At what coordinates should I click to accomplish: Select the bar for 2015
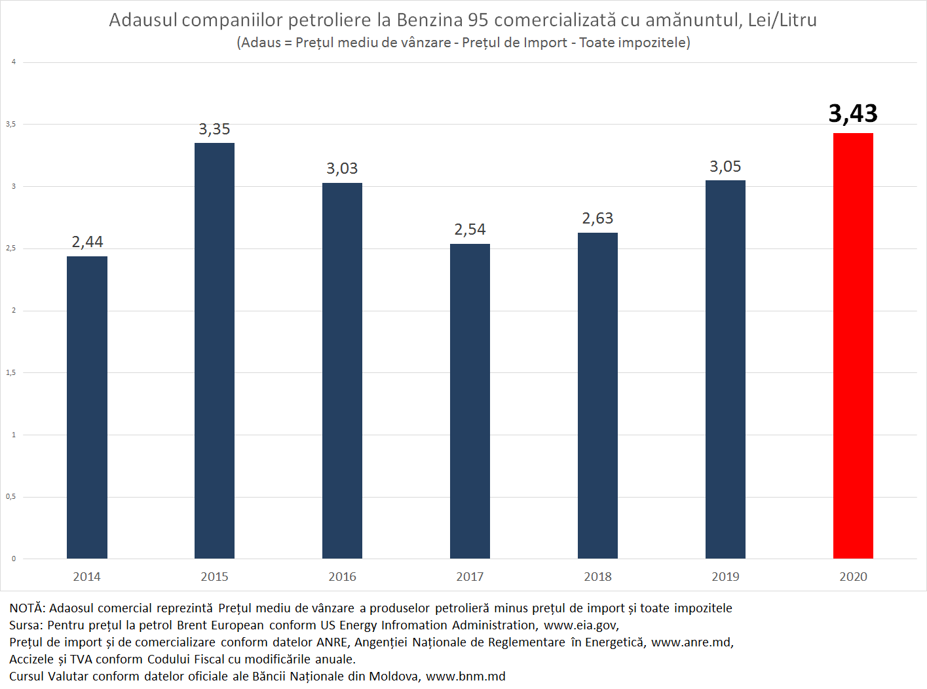pos(214,351)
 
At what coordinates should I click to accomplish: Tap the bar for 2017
pos(470,401)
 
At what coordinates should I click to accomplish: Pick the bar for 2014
pos(87,407)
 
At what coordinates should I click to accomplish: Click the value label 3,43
pos(853,113)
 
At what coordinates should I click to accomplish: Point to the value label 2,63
pos(597,218)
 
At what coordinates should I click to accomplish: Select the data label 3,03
pos(342,168)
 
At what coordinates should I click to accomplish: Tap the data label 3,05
pos(725,167)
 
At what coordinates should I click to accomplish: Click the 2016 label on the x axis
pos(342,577)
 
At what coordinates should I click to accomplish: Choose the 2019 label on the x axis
pos(725,577)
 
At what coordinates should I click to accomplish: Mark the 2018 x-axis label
pos(597,577)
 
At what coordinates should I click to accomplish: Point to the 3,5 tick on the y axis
pos(11,124)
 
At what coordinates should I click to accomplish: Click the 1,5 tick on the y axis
pos(11,372)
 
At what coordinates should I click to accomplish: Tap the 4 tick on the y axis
pos(13,62)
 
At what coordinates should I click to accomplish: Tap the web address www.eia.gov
pos(580,625)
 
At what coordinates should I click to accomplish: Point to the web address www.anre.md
pos(692,642)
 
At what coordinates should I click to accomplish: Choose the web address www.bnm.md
pos(466,677)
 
